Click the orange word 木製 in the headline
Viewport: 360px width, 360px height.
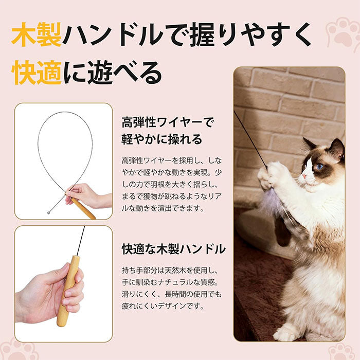tap(37, 35)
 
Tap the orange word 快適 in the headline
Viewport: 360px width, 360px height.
tap(37, 73)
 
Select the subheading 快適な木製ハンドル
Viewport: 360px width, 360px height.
tap(174, 249)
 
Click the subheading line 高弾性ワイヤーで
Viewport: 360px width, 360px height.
tap(168, 122)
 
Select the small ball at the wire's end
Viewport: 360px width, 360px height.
tap(49, 212)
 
